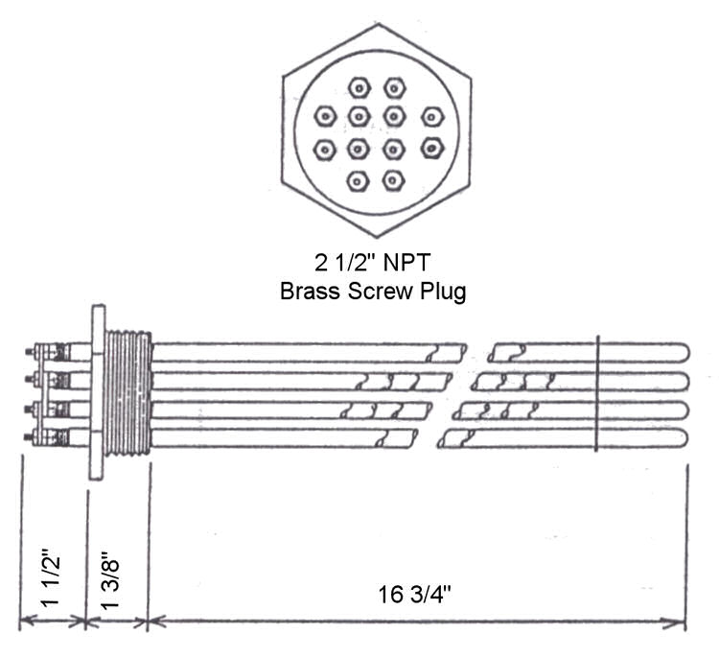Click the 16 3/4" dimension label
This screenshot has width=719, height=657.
[x=414, y=594]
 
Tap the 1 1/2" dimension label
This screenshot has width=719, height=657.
[x=51, y=577]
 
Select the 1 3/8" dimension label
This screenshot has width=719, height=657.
[x=110, y=579]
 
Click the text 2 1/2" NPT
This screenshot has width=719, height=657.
[x=372, y=263]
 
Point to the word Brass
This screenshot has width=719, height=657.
[x=311, y=291]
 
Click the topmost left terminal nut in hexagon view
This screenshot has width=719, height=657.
[x=359, y=88]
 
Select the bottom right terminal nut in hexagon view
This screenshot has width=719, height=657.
[x=393, y=180]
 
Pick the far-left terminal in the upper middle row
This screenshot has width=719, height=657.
[x=325, y=117]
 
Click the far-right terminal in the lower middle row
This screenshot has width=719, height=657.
[x=432, y=148]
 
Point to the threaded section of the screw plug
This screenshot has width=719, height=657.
[x=128, y=393]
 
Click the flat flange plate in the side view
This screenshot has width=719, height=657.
[x=97, y=392]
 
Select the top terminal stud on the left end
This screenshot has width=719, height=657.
[x=29, y=351]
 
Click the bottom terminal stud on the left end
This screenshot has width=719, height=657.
[x=28, y=435]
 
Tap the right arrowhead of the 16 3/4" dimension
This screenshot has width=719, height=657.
[x=673, y=623]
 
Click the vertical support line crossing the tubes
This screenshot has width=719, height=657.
[x=596, y=393]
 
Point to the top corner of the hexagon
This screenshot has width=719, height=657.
[x=379, y=24]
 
